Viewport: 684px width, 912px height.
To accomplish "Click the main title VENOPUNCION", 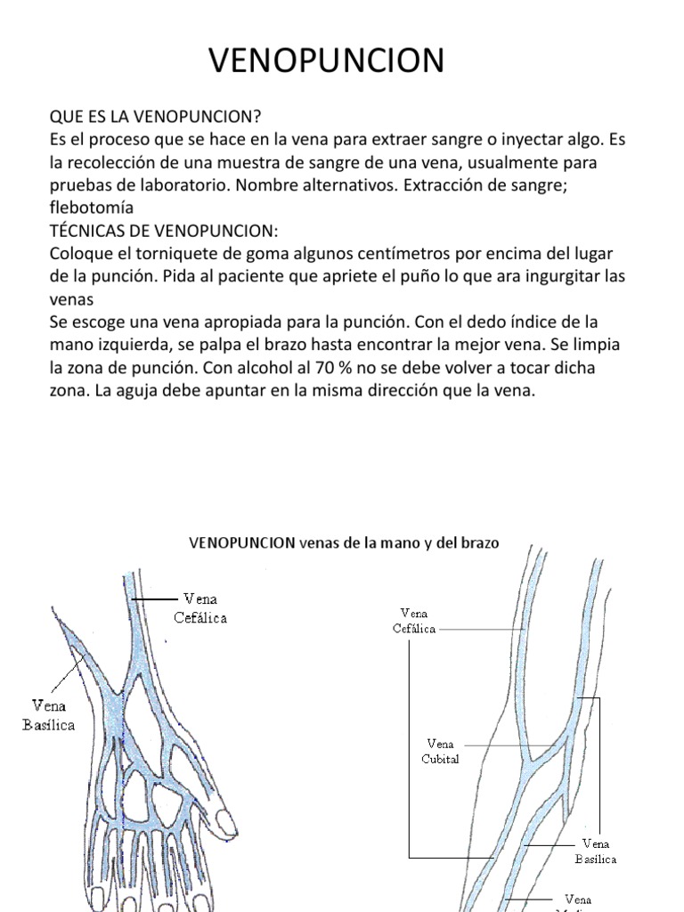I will (x=326, y=61).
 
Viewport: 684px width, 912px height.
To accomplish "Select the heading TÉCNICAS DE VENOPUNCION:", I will (x=164, y=231).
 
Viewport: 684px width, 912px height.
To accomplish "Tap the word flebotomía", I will (x=91, y=208).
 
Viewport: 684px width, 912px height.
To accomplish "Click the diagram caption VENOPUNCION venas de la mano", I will (x=344, y=542).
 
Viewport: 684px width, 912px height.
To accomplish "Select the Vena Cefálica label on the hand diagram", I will (x=205, y=607).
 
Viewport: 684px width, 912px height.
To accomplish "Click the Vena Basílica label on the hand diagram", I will (x=48, y=715).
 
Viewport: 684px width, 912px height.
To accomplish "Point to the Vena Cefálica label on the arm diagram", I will (x=414, y=621).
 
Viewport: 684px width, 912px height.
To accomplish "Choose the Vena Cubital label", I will (x=440, y=752).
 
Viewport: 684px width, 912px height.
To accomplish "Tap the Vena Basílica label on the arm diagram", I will (x=595, y=851).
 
